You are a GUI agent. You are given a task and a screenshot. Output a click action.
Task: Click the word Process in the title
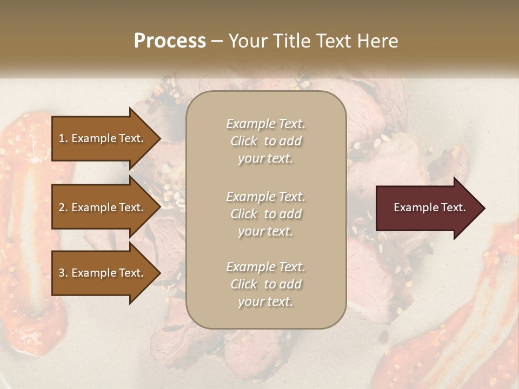pyautogui.click(x=170, y=41)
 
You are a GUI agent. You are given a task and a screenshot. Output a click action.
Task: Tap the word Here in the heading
pyautogui.click(x=375, y=41)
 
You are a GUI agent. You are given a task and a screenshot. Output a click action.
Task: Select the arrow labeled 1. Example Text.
pyautogui.click(x=103, y=138)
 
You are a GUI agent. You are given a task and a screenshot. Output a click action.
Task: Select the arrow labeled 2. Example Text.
pyautogui.click(x=103, y=207)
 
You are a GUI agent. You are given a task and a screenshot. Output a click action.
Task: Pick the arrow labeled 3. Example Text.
pyautogui.click(x=103, y=273)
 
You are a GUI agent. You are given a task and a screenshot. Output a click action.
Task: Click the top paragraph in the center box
pyautogui.click(x=265, y=141)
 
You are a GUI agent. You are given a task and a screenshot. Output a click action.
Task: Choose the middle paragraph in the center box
pyautogui.click(x=265, y=213)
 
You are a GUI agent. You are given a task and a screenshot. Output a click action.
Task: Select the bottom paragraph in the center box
pyautogui.click(x=265, y=284)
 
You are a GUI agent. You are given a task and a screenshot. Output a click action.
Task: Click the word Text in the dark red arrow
pyautogui.click(x=453, y=207)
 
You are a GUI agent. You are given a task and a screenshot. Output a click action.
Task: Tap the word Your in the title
pyautogui.click(x=247, y=41)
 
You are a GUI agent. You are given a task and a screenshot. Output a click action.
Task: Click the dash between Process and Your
pyautogui.click(x=217, y=41)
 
